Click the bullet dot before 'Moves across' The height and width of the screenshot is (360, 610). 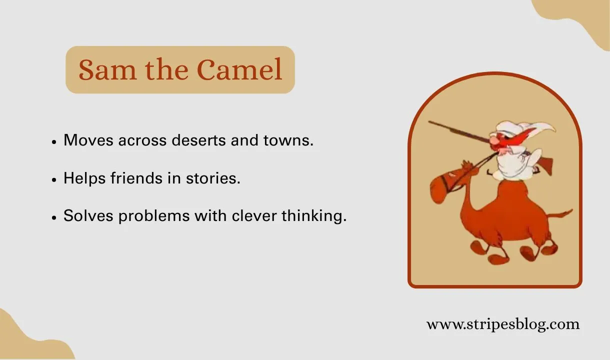click(x=54, y=142)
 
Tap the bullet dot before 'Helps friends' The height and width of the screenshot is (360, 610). click(x=54, y=180)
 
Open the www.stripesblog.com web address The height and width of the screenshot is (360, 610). click(x=502, y=324)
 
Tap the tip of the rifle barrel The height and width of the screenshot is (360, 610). click(x=430, y=122)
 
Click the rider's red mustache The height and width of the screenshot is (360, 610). click(x=500, y=140)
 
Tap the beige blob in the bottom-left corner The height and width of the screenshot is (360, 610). click(x=25, y=340)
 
